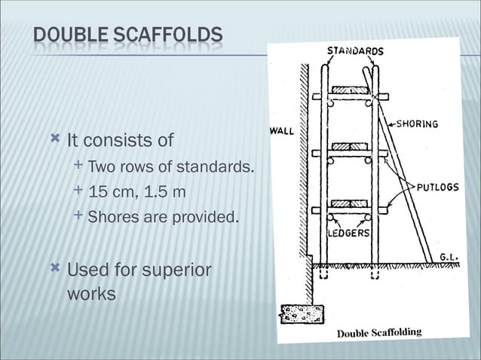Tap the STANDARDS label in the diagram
354,52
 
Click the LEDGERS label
348,233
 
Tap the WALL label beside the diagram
281,131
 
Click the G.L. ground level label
449,256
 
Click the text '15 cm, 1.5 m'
136,193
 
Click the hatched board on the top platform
349,90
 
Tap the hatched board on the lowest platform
349,204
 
